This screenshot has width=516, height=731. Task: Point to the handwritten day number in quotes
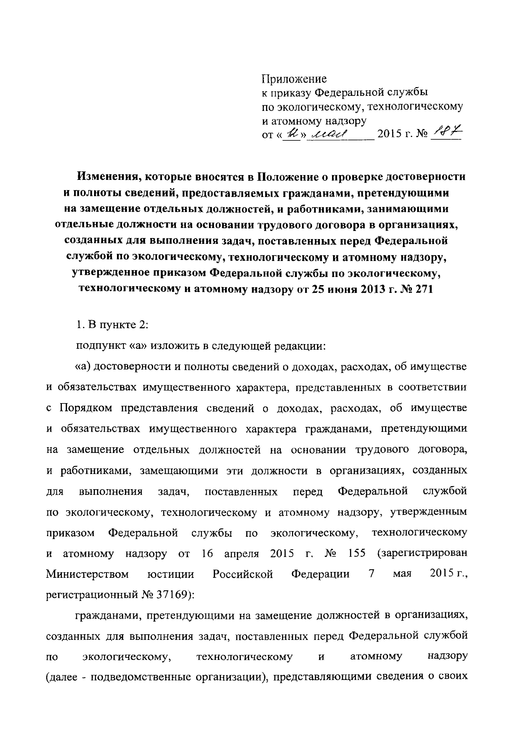[x=291, y=134]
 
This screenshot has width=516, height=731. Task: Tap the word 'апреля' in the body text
[x=242, y=554]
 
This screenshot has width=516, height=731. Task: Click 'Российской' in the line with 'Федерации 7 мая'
[x=243, y=574]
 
